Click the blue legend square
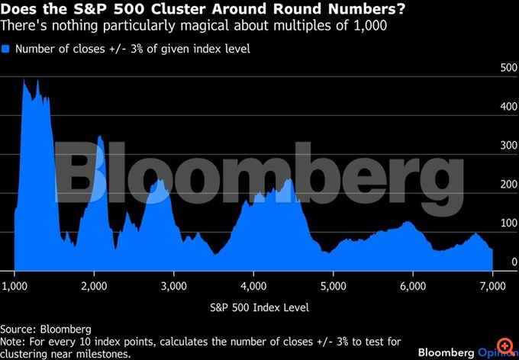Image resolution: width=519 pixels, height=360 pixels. pyautogui.click(x=7, y=49)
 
